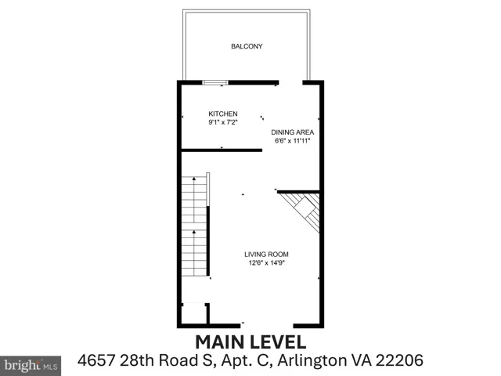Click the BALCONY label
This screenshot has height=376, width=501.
point(247,46)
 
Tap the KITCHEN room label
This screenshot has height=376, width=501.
point(223,114)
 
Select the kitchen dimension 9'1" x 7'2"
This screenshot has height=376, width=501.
point(223,122)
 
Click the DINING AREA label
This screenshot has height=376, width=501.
point(292,132)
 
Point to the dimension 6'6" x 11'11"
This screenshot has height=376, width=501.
point(292,141)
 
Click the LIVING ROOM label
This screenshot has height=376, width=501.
point(266,255)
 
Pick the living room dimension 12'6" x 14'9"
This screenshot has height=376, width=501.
point(266,263)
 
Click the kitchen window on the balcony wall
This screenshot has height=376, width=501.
point(215,83)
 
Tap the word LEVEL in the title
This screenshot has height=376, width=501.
point(278,342)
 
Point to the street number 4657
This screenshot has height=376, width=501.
point(96,360)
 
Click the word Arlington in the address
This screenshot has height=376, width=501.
point(312,361)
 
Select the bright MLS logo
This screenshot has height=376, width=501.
point(31,366)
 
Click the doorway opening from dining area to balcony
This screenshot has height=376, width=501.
point(290,82)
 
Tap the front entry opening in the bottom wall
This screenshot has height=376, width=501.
point(267,326)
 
